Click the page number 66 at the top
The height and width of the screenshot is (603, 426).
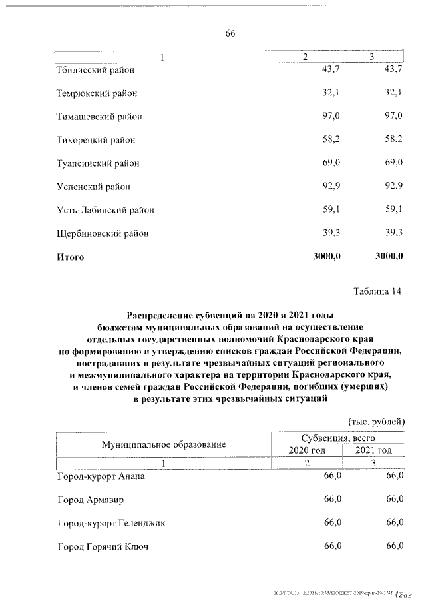point(230,33)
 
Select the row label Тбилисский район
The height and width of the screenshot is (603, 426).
point(95,69)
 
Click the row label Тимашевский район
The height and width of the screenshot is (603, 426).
point(99,117)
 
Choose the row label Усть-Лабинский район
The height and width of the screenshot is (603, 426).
point(105,210)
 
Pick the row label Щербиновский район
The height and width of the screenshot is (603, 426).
point(103,233)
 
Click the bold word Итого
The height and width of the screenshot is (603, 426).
point(71,257)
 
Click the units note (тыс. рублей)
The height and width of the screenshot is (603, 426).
point(376,422)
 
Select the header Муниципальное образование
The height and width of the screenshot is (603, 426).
point(164,444)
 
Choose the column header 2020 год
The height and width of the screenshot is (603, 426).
point(306,450)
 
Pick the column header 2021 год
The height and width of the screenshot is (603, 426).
point(373,450)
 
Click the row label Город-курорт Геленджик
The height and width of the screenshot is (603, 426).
point(110,523)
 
